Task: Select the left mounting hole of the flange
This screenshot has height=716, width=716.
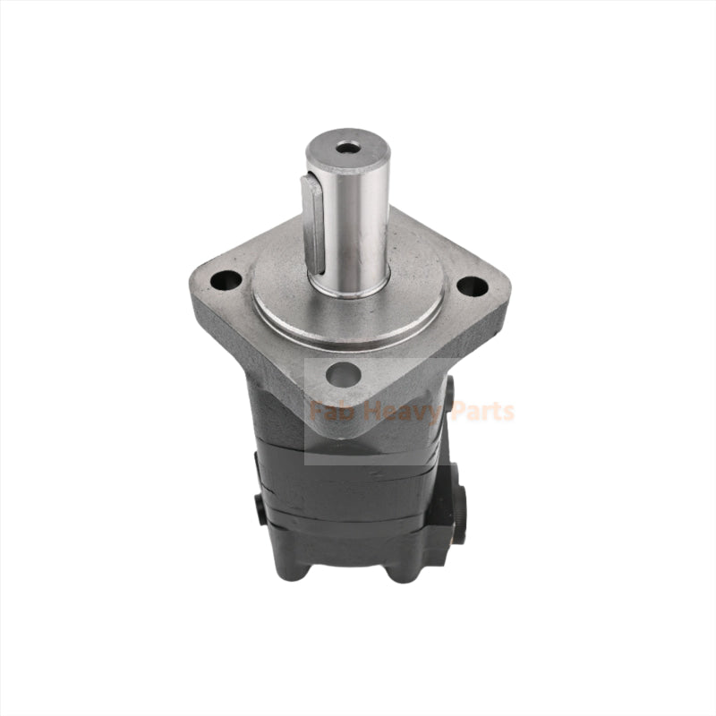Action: click(226, 280)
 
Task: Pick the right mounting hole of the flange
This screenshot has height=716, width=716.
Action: click(472, 287)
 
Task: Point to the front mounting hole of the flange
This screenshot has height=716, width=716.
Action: click(344, 375)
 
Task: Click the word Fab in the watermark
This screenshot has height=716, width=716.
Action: click(328, 412)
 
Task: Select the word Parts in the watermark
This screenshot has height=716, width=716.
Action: click(481, 412)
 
